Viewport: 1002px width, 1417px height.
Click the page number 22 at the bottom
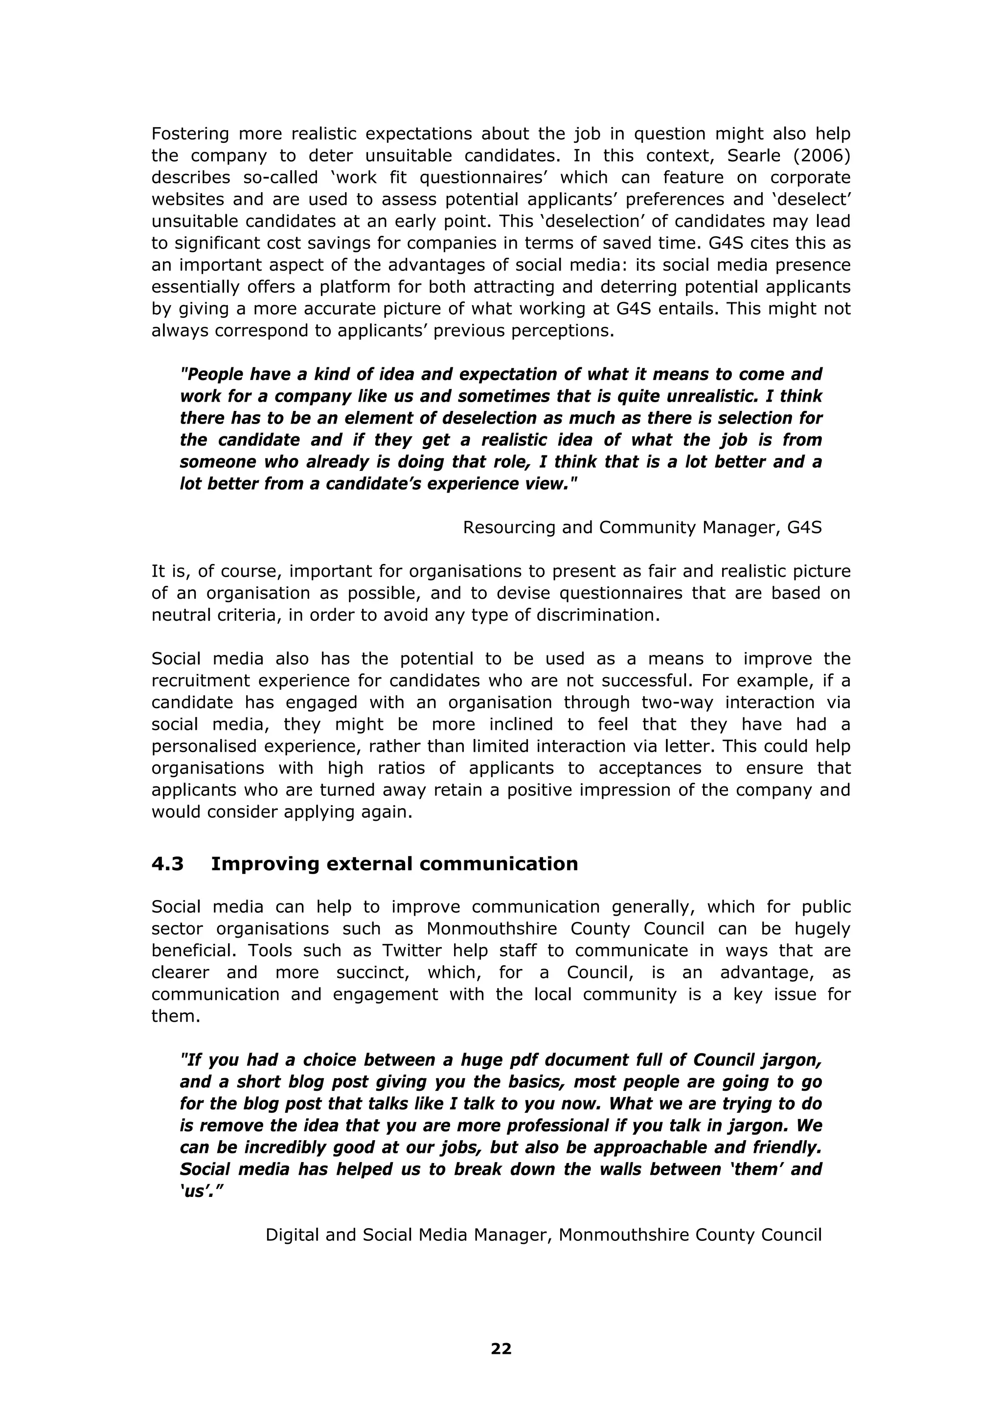click(x=501, y=1349)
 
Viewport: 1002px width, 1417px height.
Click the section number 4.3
click(x=167, y=864)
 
